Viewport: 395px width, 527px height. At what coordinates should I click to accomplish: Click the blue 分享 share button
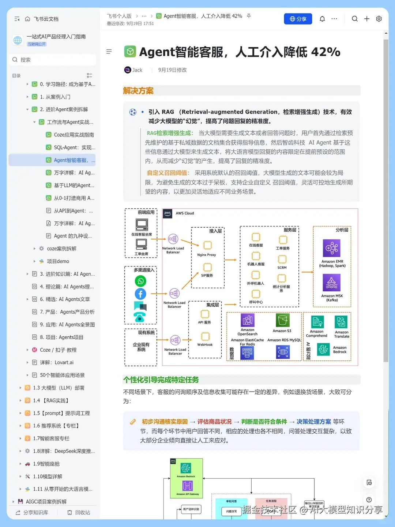[x=298, y=19]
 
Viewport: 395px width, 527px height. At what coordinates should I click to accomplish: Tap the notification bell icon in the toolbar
[x=322, y=19]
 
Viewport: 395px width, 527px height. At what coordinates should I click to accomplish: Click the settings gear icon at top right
[x=379, y=19]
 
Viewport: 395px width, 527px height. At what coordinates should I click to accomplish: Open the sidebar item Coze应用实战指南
[x=74, y=135]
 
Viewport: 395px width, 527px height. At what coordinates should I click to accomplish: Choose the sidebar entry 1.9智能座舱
[x=46, y=464]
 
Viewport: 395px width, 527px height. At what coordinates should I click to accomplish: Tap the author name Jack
[x=137, y=70]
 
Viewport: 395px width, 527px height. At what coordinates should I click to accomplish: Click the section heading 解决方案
[x=138, y=91]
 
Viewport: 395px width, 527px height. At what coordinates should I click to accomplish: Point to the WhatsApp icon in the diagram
[x=140, y=281]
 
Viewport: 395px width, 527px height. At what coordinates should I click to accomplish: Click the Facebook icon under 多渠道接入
[x=140, y=294]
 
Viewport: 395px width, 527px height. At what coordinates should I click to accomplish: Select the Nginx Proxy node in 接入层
[x=207, y=246]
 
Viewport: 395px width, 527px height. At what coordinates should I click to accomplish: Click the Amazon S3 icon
[x=282, y=320]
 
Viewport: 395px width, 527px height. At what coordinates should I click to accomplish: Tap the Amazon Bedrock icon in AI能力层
[x=323, y=349]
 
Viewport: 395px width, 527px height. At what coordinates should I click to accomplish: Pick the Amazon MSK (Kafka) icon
[x=331, y=283]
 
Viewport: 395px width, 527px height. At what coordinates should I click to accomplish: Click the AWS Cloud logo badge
[x=168, y=213]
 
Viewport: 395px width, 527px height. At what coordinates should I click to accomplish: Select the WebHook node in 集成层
[x=205, y=337]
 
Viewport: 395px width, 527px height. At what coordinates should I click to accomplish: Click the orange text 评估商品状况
[x=214, y=422]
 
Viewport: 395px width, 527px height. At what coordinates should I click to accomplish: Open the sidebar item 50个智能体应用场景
[x=62, y=375]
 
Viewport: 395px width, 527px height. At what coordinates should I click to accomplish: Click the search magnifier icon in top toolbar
[x=355, y=19]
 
